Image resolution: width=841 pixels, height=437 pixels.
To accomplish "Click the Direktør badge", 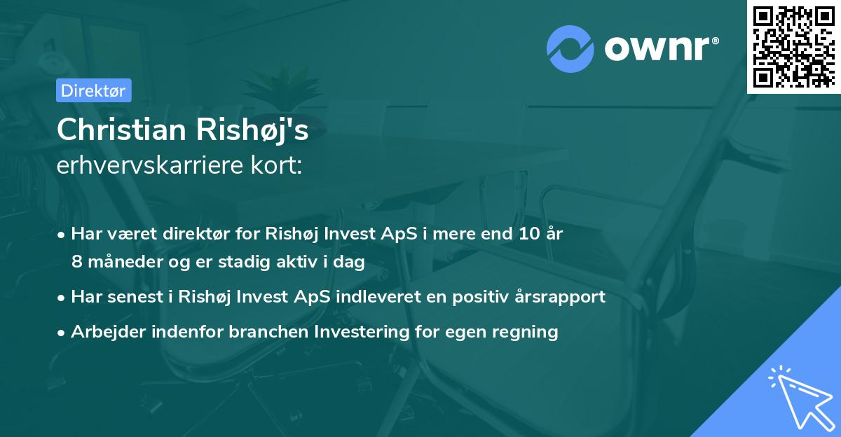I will pos(93,90).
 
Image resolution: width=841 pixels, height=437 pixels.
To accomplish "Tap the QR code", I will pos(793,46).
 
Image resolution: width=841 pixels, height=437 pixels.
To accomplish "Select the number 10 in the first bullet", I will pos(522,234).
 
